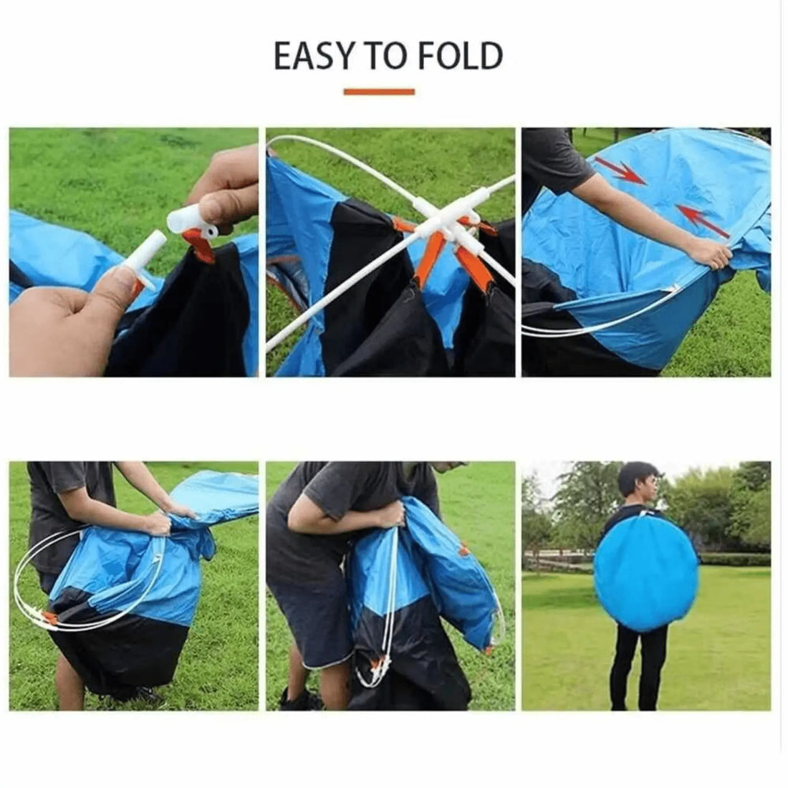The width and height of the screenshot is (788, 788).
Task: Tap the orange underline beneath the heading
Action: pyautogui.click(x=379, y=92)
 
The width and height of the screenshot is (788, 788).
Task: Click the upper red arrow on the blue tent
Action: pyautogui.click(x=620, y=171)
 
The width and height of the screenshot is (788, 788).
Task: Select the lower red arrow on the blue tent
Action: pyautogui.click(x=703, y=220)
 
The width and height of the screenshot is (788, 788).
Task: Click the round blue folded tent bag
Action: pyautogui.click(x=646, y=574)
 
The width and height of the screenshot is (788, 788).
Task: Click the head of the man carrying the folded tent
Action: pyautogui.click(x=638, y=483)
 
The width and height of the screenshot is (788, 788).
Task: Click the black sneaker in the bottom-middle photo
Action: pyautogui.click(x=298, y=698)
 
